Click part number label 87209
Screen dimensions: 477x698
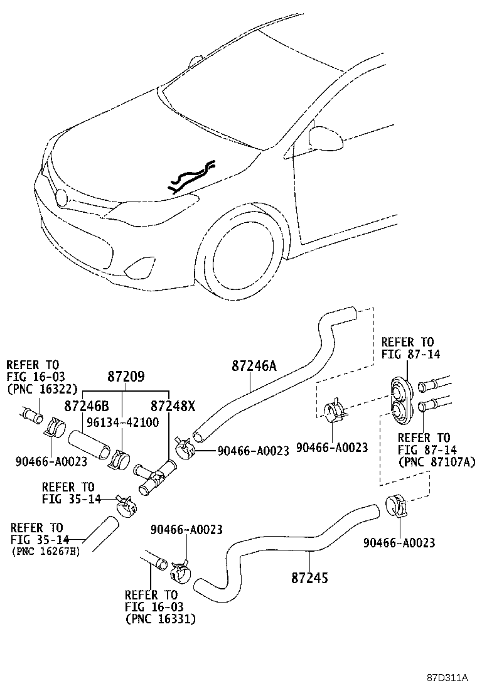tap(126, 377)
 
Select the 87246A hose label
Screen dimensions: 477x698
tap(254, 367)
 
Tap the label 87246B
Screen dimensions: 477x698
tap(87, 406)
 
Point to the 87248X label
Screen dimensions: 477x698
tap(173, 406)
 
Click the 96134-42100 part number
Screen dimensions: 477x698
tap(123, 422)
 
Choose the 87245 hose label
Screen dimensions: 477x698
tap(309, 578)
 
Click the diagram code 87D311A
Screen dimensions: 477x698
tap(447, 678)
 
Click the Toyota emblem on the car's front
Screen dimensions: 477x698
tap(60, 196)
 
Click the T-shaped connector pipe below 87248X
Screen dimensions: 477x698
tap(156, 477)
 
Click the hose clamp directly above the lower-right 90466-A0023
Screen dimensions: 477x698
tap(396, 506)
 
